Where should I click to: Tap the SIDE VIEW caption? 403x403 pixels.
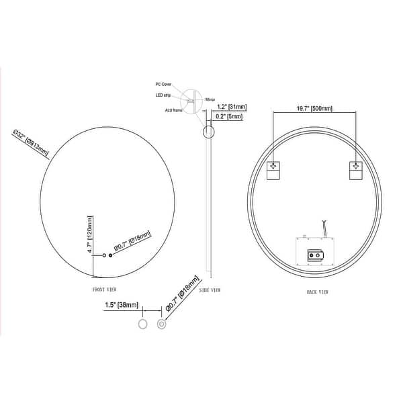211,289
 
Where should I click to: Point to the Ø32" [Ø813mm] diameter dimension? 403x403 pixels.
35,142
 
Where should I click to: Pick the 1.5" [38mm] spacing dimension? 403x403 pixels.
122,305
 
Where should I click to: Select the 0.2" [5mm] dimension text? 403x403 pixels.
230,116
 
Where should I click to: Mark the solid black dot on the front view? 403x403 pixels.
111,255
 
